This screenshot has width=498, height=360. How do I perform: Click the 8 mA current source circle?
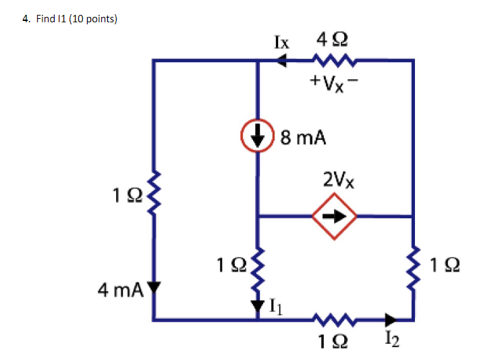258,136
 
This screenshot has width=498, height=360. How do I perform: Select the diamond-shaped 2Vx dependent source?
333,217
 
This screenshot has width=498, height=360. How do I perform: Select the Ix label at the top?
281,42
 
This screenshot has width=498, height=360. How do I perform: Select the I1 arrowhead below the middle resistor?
257,306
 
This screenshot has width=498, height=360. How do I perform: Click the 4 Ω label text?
333,40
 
